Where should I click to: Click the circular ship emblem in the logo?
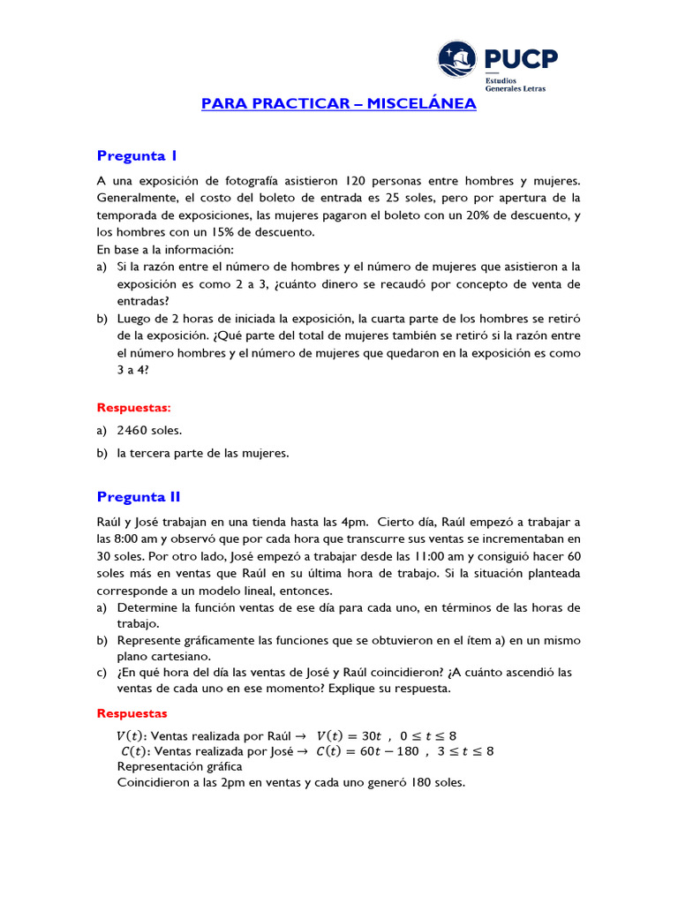[x=459, y=60]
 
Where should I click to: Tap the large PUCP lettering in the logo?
[x=521, y=59]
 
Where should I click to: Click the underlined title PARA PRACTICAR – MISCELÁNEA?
[x=339, y=104]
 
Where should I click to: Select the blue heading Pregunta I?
[x=137, y=156]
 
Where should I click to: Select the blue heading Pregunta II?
[x=139, y=496]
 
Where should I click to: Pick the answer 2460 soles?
[x=149, y=431]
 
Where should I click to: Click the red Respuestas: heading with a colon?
[x=133, y=408]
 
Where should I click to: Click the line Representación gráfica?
[x=179, y=766]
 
